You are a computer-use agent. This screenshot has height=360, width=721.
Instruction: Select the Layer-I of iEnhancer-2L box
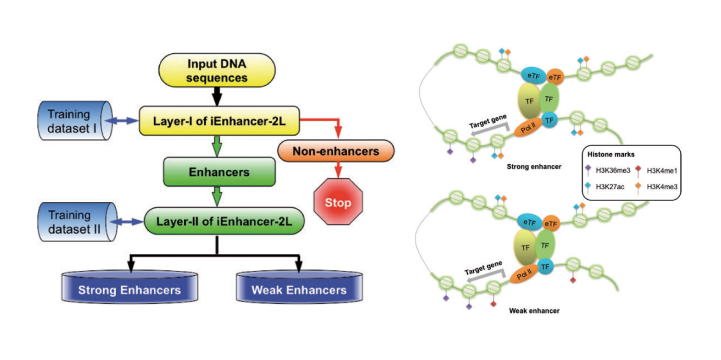tap(219, 120)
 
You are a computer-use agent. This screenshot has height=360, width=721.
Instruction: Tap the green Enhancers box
tap(219, 172)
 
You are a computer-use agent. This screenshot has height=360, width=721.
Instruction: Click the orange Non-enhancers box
tap(336, 151)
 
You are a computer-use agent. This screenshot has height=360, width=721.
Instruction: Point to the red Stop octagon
tap(338, 202)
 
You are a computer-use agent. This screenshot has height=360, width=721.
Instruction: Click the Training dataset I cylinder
tap(74, 120)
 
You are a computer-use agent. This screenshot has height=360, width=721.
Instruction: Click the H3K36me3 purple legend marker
tap(589, 169)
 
